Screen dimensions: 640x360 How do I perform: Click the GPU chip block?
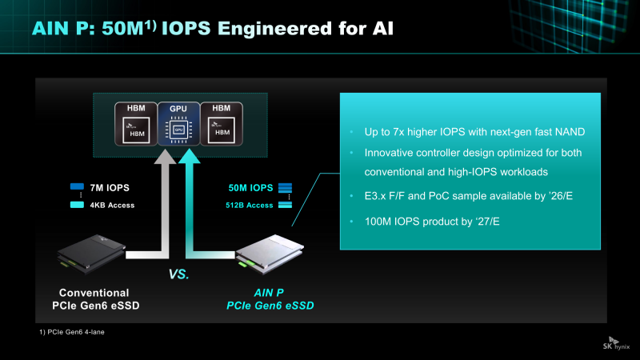click(178, 124)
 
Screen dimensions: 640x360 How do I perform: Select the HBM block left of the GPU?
click(136, 124)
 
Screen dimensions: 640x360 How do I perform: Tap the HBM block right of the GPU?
click(222, 124)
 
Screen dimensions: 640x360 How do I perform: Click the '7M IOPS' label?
click(110, 188)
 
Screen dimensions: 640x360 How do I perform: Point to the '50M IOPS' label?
click(250, 188)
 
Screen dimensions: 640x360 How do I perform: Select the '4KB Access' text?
click(112, 206)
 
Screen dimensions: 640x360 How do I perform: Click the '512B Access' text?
click(250, 206)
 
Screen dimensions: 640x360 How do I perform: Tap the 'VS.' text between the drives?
click(178, 274)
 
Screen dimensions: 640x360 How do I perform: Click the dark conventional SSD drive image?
click(91, 254)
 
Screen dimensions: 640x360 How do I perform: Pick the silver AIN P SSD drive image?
click(270, 254)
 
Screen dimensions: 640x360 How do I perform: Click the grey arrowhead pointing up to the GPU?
click(165, 156)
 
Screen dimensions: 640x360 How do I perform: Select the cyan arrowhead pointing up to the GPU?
click(190, 156)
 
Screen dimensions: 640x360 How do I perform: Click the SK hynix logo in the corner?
click(616, 343)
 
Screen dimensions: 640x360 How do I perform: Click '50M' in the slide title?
click(122, 29)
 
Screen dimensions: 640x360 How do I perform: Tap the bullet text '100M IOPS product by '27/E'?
click(432, 222)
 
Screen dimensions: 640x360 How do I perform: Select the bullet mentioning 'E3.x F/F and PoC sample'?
click(469, 196)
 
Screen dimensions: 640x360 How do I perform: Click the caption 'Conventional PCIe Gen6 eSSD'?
click(95, 299)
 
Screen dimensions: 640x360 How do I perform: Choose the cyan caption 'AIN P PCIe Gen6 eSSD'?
click(270, 299)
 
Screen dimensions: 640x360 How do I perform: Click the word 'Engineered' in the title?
click(274, 29)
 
